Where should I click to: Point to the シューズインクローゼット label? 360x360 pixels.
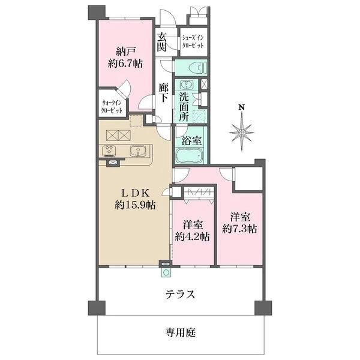[x=193, y=42]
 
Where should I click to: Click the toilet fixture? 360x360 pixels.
[x=194, y=67]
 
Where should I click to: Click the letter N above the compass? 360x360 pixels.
[x=242, y=108]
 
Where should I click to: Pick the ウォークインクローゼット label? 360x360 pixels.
[x=113, y=106]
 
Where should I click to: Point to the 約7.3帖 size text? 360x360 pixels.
[x=239, y=228]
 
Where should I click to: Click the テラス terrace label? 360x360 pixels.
[x=180, y=295]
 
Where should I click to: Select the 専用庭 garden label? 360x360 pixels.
[x=181, y=331]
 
